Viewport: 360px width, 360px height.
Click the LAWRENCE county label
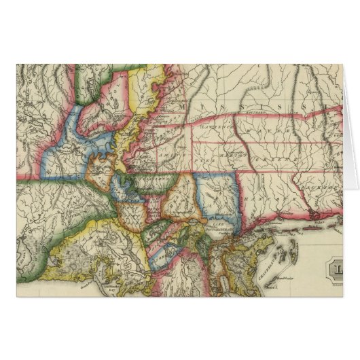[x=214, y=126]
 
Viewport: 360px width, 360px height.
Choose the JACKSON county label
[x=321, y=184]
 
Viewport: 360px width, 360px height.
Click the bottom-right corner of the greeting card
[x=342, y=297]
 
